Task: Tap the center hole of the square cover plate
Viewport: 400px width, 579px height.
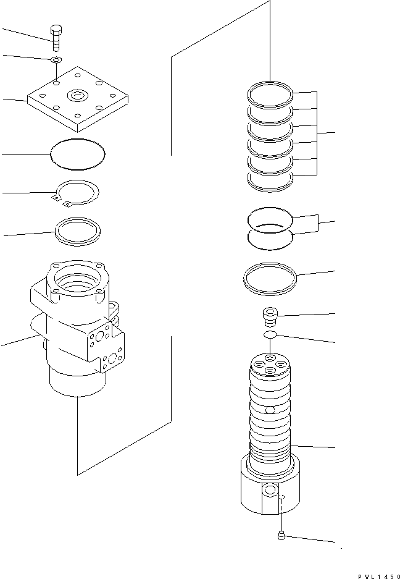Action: click(x=78, y=95)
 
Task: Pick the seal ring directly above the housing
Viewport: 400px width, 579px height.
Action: click(x=78, y=231)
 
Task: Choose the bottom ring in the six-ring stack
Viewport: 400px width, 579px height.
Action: click(x=269, y=180)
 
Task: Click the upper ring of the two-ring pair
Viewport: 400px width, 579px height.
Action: click(x=269, y=218)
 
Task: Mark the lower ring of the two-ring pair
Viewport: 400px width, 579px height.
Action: click(x=269, y=239)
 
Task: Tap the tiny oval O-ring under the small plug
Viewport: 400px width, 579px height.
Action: click(x=269, y=334)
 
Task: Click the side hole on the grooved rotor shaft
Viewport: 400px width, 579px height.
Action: click(x=269, y=410)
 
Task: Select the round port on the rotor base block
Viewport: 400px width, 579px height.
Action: click(x=269, y=492)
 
